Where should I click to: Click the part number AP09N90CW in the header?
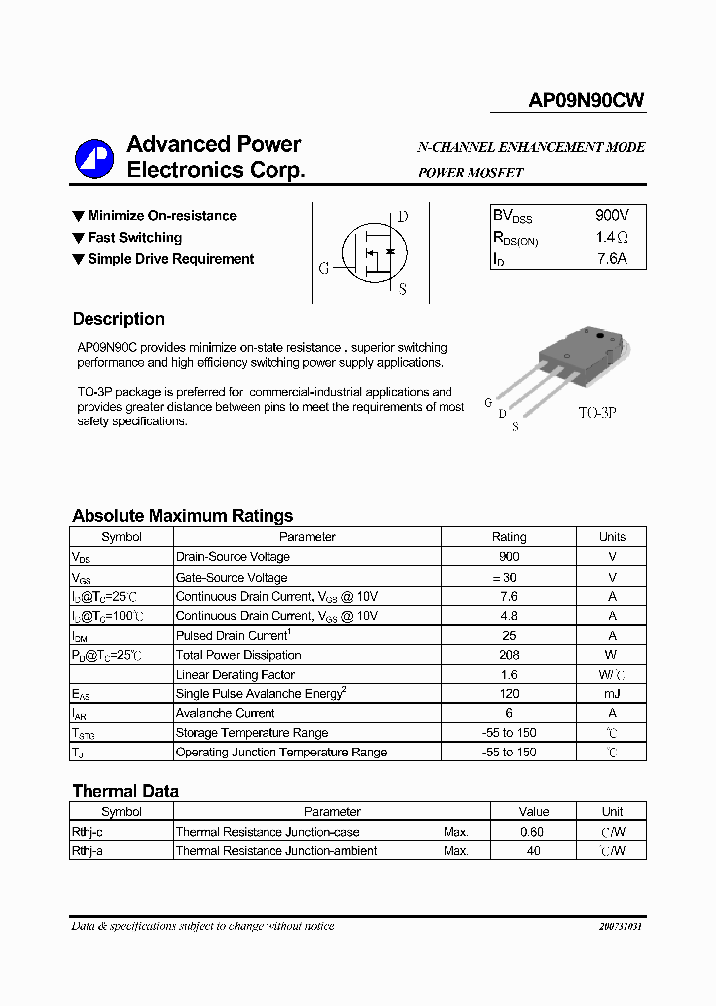click(586, 101)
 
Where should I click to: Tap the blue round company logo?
click(95, 157)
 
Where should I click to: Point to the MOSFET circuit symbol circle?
click(372, 252)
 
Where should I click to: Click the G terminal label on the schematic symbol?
click(323, 268)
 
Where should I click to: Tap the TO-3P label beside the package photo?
click(597, 411)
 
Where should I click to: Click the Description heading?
click(118, 319)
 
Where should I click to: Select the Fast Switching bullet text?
click(134, 238)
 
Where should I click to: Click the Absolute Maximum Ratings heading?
click(182, 516)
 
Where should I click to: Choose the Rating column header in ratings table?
click(509, 537)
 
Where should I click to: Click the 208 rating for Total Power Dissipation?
click(509, 655)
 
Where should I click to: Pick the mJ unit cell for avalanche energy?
click(612, 694)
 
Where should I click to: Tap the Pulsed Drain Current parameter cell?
click(233, 635)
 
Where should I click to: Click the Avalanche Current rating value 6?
click(509, 713)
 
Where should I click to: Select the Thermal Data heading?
click(125, 791)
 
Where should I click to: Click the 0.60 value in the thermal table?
click(533, 832)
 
